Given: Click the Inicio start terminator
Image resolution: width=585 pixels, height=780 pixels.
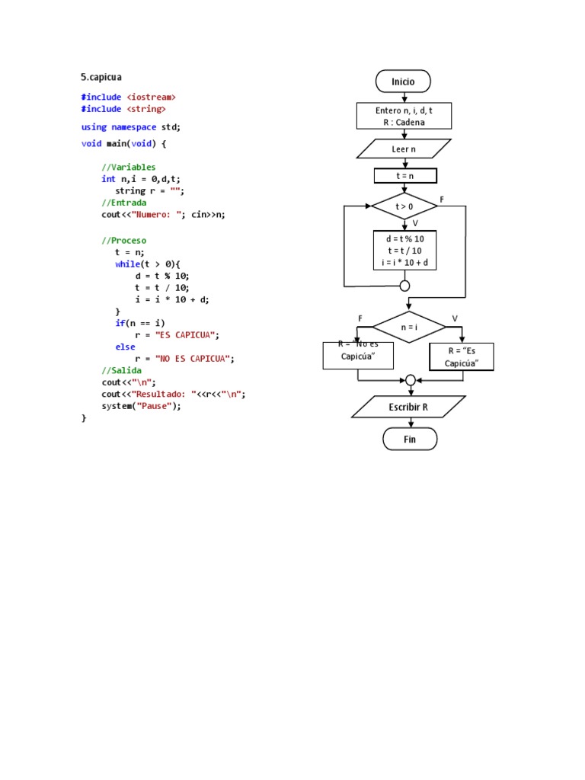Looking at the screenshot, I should pyautogui.click(x=403, y=82).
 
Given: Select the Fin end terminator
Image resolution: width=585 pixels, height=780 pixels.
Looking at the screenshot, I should pyautogui.click(x=410, y=439).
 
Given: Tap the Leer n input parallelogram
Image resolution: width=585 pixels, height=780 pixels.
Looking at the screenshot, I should pyautogui.click(x=404, y=149).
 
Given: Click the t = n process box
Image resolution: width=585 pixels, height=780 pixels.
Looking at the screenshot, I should pyautogui.click(x=404, y=176).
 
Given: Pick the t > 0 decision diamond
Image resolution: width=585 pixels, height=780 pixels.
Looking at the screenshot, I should pyautogui.click(x=404, y=206).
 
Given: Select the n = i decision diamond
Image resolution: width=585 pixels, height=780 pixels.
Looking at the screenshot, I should pyautogui.click(x=409, y=327).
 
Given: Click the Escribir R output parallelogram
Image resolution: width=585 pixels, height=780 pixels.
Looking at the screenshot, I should pyautogui.click(x=408, y=407).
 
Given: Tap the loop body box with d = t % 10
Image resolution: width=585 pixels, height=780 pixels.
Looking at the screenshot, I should pyautogui.click(x=404, y=251).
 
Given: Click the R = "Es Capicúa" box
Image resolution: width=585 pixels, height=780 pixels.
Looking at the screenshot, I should pyautogui.click(x=462, y=356).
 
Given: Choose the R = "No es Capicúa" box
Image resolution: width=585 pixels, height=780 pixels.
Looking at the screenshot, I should pyautogui.click(x=358, y=355).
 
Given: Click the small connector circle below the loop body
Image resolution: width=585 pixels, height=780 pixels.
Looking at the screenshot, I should pyautogui.click(x=404, y=286).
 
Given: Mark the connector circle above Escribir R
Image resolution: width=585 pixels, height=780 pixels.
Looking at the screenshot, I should pyautogui.click(x=411, y=379).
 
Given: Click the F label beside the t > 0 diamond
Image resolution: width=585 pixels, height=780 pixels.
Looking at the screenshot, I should pyautogui.click(x=442, y=199).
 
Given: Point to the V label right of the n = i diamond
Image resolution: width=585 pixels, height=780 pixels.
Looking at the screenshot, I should pyautogui.click(x=455, y=318).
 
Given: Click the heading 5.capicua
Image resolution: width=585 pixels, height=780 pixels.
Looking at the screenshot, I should pyautogui.click(x=101, y=77).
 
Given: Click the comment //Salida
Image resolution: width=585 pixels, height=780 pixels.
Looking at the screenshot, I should pyautogui.click(x=121, y=370).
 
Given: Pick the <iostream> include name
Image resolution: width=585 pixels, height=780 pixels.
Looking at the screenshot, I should pyautogui.click(x=151, y=97).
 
